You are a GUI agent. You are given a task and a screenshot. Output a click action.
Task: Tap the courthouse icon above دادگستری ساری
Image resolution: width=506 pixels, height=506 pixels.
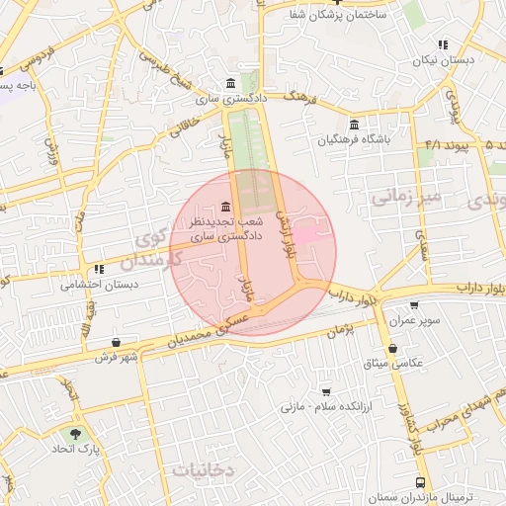tap(230, 82)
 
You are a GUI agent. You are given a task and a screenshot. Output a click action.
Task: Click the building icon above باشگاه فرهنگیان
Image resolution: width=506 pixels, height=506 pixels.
tap(354, 123)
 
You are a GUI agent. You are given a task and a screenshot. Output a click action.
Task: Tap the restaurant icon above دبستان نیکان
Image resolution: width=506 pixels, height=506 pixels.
tap(442, 43)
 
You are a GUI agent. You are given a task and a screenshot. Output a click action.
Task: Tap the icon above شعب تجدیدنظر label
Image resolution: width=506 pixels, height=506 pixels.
tap(227, 207)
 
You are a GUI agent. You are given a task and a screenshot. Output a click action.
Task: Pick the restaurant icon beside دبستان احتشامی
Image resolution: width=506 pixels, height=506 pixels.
tap(98, 268)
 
